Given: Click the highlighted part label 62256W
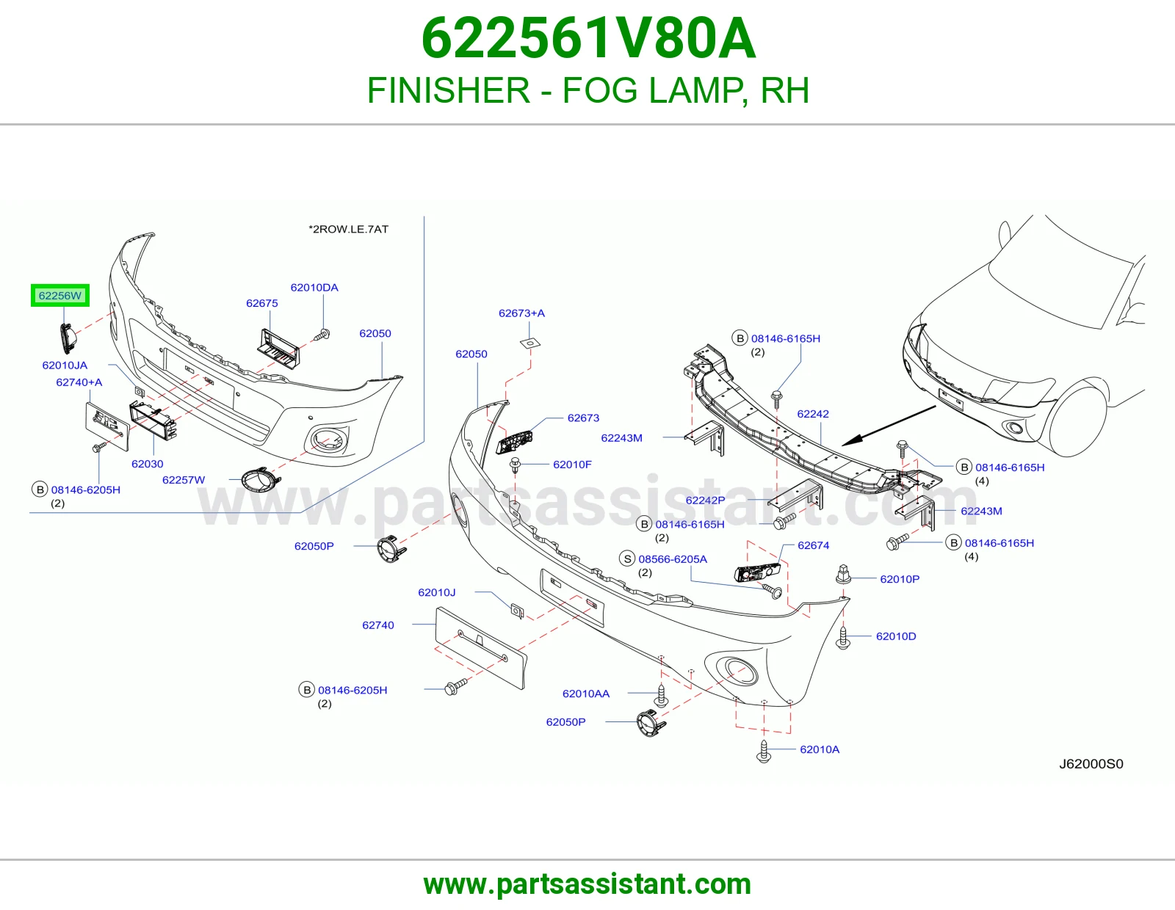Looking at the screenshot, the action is tap(60, 296).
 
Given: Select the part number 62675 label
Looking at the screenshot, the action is tap(261, 303).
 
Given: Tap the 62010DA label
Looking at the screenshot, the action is tap(314, 288).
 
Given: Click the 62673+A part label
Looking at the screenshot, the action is tap(521, 313).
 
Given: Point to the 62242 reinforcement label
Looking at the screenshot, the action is tap(813, 414).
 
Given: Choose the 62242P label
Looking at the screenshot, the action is tap(705, 500).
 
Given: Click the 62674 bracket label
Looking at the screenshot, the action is tap(813, 545).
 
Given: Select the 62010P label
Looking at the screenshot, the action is tap(900, 579).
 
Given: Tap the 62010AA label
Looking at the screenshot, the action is tap(585, 694).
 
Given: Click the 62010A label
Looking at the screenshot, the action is tap(820, 749).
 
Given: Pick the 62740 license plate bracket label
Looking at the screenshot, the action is tap(378, 625).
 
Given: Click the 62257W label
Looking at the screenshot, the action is tap(184, 480).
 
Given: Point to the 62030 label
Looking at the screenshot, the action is tap(147, 464).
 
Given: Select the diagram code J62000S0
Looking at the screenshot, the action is tap(1091, 763).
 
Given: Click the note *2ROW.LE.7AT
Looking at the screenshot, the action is tap(348, 229).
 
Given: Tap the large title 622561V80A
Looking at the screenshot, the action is tap(588, 39).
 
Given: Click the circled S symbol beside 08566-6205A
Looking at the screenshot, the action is tap(627, 558).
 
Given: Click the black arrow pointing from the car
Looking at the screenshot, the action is tap(889, 426).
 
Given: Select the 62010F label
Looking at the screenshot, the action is tap(572, 465).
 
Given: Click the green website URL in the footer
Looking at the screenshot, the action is tap(587, 884).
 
